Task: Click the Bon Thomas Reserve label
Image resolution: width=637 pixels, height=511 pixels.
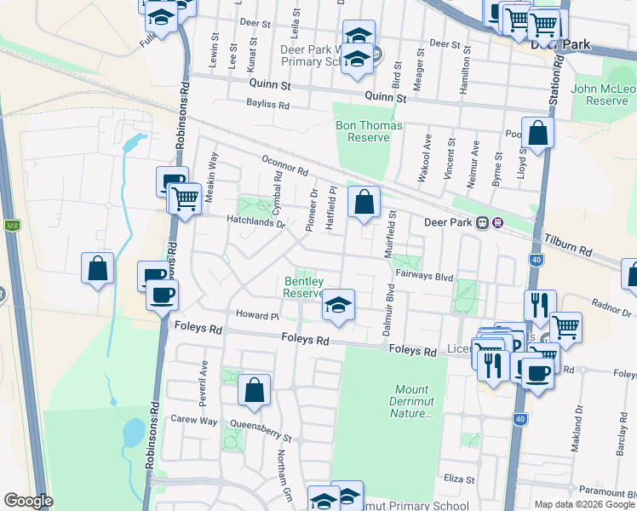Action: [363, 131]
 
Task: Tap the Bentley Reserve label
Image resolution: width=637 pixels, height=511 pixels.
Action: [303, 286]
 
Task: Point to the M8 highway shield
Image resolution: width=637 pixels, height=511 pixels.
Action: [12, 226]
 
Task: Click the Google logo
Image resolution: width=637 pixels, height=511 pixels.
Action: [28, 501]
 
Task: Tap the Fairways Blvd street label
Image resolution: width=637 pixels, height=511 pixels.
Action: [424, 276]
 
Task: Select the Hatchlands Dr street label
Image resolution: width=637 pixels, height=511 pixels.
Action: [255, 221]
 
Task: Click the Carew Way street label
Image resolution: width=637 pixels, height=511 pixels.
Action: [194, 420]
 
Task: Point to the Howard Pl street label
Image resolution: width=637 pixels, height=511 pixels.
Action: [258, 315]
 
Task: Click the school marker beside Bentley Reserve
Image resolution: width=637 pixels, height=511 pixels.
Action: [338, 306]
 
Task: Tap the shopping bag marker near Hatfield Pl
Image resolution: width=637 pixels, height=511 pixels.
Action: [364, 203]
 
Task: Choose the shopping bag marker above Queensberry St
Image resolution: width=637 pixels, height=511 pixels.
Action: [255, 390]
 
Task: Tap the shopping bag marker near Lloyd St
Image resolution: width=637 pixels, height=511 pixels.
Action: [537, 133]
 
